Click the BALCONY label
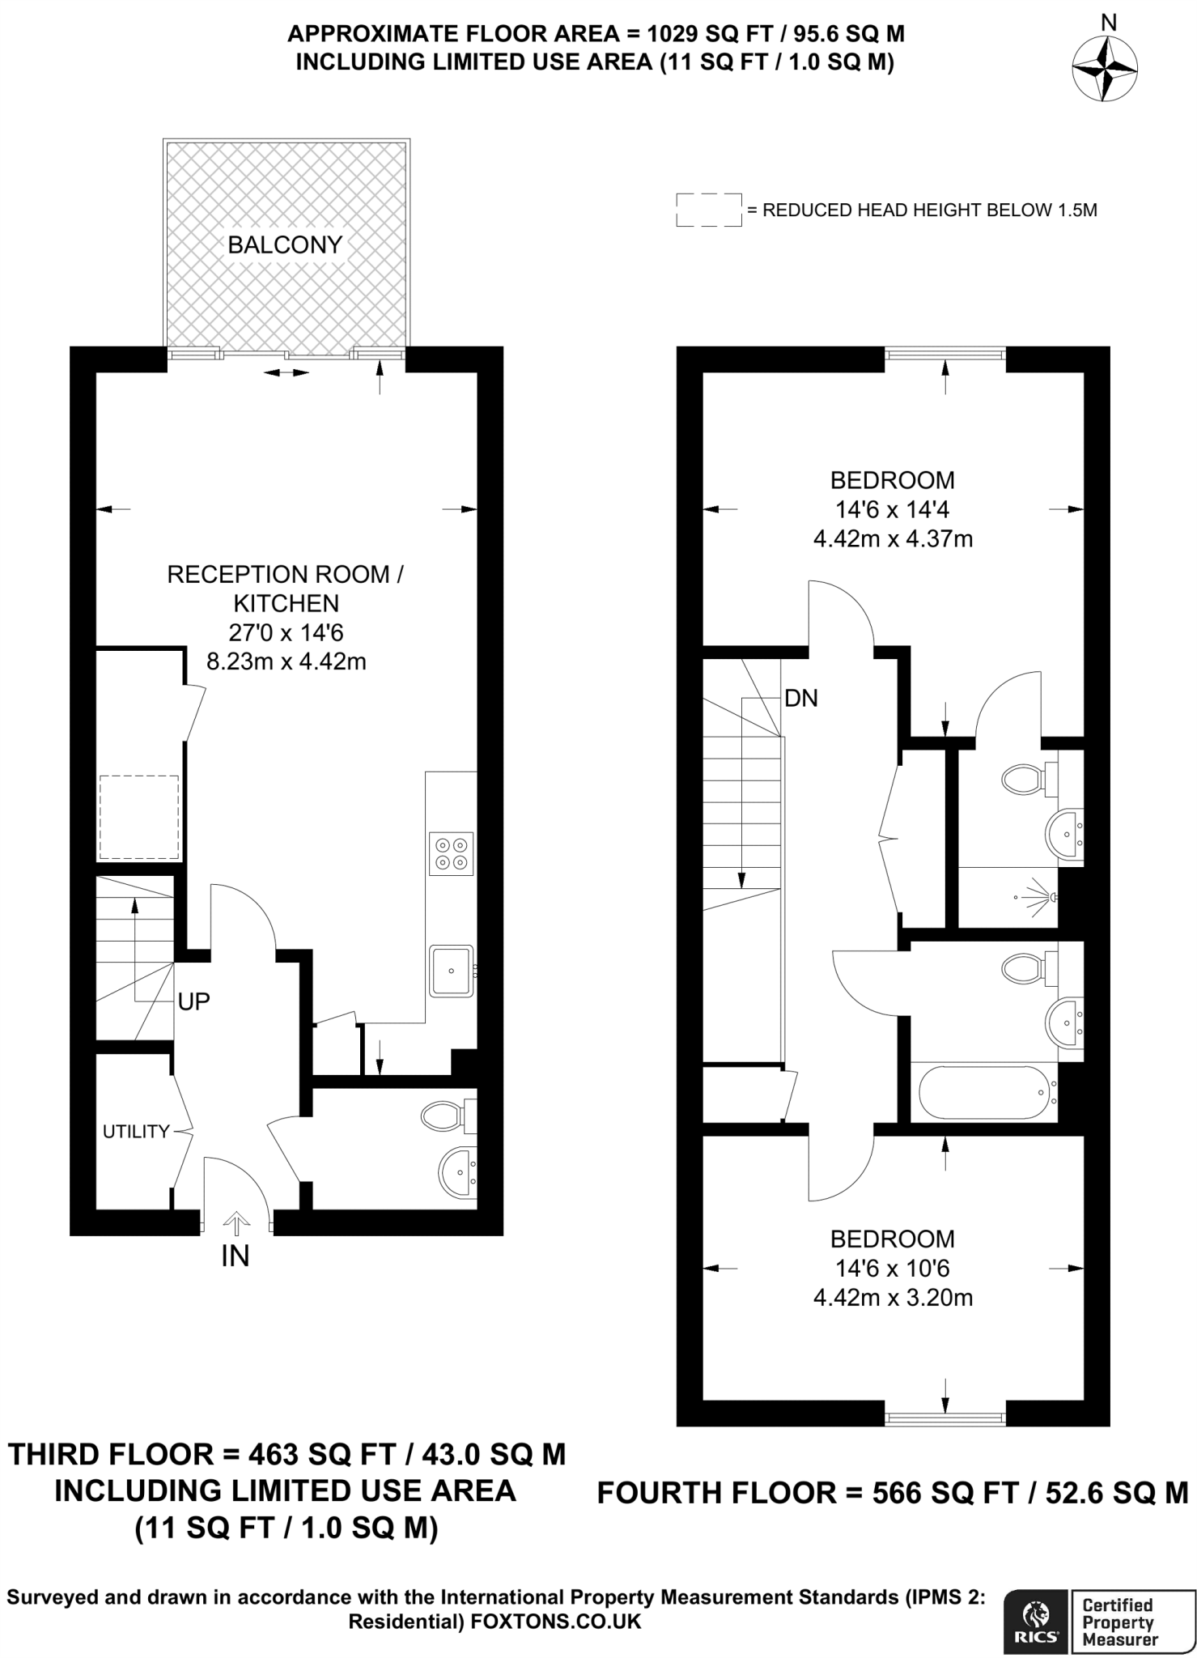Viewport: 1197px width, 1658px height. click(x=285, y=244)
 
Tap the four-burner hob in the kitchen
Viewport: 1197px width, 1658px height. click(x=452, y=853)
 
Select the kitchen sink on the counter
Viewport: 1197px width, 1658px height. click(x=452, y=970)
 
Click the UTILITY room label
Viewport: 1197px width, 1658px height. click(x=135, y=1132)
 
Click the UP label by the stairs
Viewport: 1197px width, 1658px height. click(x=193, y=1001)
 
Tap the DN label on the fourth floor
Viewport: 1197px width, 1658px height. click(x=800, y=698)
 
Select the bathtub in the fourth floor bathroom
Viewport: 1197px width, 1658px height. click(x=987, y=1094)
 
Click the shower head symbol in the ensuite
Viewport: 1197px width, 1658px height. click(x=1044, y=897)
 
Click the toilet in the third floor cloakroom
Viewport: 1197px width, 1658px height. click(x=444, y=1116)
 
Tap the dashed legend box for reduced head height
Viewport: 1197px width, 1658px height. click(x=709, y=210)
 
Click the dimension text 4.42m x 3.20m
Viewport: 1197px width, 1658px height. click(x=893, y=1299)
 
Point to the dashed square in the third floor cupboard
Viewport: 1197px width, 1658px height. click(x=138, y=817)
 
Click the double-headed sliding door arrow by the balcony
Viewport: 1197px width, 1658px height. click(x=287, y=372)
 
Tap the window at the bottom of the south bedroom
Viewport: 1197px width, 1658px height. click(x=945, y=1418)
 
